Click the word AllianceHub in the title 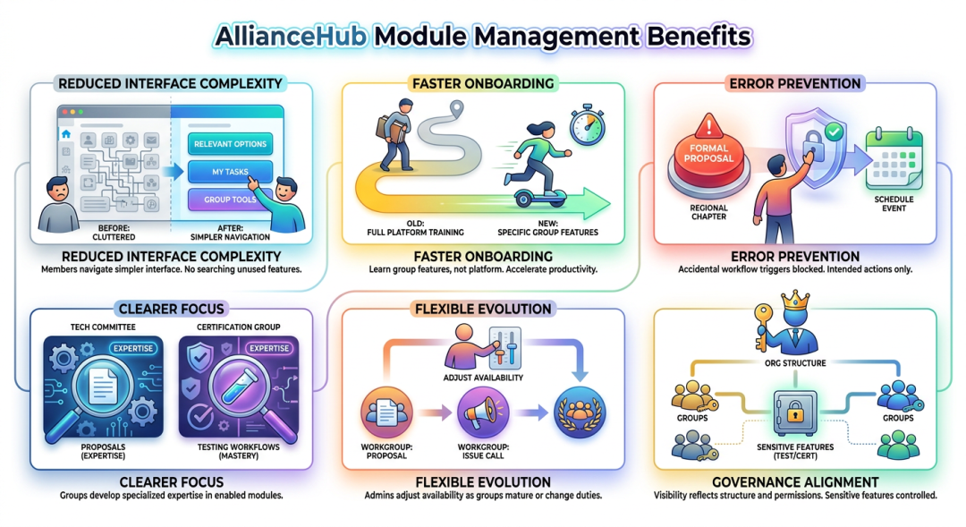(x=290, y=37)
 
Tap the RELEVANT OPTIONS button (x=230, y=144)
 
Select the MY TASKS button (x=230, y=172)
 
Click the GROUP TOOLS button (x=229, y=200)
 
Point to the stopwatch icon (x=587, y=126)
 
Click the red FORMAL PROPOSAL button (x=708, y=157)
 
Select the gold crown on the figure (x=795, y=301)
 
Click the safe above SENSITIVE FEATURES (x=795, y=413)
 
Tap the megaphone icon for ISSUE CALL (x=483, y=412)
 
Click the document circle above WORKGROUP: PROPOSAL (x=386, y=412)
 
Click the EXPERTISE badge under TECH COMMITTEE (x=133, y=348)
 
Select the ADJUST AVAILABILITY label (x=483, y=378)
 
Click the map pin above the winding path (x=456, y=110)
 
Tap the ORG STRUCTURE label (x=795, y=363)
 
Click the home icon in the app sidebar (x=66, y=133)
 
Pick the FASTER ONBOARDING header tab (x=483, y=83)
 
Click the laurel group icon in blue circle (x=579, y=412)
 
